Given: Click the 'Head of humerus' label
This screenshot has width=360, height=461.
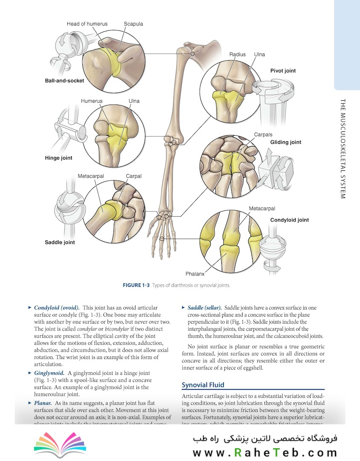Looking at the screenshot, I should tap(87, 24).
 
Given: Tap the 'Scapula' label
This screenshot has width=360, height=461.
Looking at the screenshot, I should tap(134, 24).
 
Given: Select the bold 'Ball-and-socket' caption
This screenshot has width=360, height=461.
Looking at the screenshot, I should tap(64, 80).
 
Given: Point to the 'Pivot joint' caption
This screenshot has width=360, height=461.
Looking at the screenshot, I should tap(283, 71).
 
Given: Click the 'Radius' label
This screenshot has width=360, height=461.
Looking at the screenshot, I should tap(237, 55).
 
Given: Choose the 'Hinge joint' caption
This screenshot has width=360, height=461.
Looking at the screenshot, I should tap(58, 158).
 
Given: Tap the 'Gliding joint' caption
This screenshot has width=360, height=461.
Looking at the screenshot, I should tap(285, 142).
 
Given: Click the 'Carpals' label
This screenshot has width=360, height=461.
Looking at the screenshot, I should tap(263, 134).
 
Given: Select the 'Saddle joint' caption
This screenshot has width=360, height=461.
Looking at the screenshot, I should tap(60, 242).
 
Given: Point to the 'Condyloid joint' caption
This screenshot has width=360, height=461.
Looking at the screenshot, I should tap(289, 220).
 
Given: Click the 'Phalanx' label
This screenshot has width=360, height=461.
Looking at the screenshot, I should tap(195, 274).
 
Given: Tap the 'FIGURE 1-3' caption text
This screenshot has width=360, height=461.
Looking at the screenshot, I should tap(136, 285).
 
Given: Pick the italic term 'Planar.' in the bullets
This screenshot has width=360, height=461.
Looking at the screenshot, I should tap(44, 403).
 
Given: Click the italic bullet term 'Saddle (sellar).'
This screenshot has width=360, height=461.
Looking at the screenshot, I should tap(204, 308).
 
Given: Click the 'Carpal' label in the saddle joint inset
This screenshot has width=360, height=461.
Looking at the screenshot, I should tap(134, 176).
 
